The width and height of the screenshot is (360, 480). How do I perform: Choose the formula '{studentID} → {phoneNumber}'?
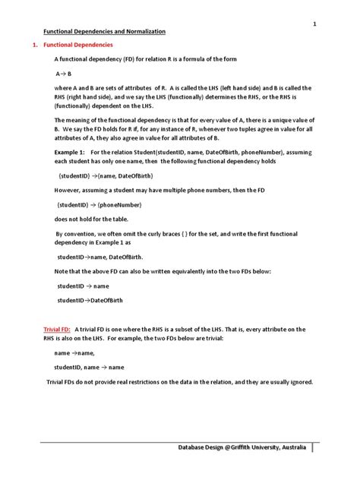point(96,205)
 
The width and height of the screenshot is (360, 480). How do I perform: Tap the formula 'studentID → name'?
point(84,286)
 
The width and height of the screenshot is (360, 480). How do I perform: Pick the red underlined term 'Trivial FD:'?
point(58,329)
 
